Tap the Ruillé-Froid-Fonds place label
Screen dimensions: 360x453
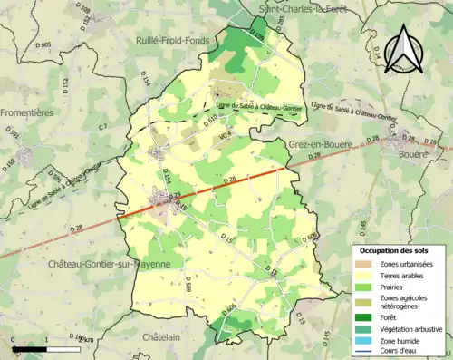pyautogui.click(x=174, y=41)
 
